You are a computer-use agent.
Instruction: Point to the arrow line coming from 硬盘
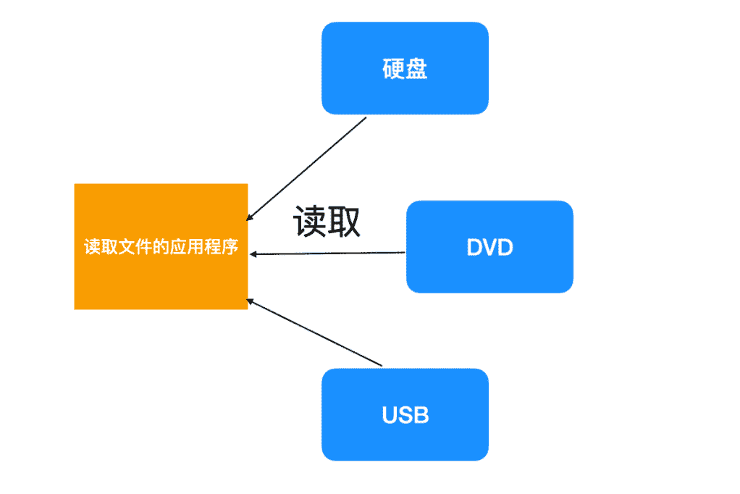(308, 167)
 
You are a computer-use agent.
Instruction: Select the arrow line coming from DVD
(329, 254)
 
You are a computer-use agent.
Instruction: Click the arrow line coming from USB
(315, 332)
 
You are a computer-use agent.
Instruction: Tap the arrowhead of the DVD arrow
(253, 254)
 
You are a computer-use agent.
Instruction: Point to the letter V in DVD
(490, 247)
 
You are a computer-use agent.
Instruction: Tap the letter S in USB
(405, 415)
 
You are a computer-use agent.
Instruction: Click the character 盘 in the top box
(416, 69)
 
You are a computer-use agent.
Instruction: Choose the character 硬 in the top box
(393, 69)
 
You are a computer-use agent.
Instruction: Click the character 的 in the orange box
(161, 247)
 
